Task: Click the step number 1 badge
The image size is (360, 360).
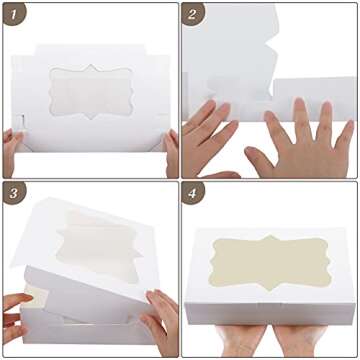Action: (13, 14)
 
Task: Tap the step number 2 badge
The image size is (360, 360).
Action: (192, 14)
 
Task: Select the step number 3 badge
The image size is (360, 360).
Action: (13, 193)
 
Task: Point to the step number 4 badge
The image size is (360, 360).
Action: (192, 193)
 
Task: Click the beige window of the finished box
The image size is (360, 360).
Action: (270, 262)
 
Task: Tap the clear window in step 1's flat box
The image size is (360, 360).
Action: (91, 92)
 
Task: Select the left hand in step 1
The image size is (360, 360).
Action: (13, 151)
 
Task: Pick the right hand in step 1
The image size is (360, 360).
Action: (172, 153)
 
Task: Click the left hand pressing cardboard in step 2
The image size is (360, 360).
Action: (210, 137)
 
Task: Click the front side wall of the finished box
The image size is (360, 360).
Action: (270, 313)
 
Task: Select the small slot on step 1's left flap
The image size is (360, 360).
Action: (22, 121)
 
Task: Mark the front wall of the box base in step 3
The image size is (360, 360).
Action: (87, 330)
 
